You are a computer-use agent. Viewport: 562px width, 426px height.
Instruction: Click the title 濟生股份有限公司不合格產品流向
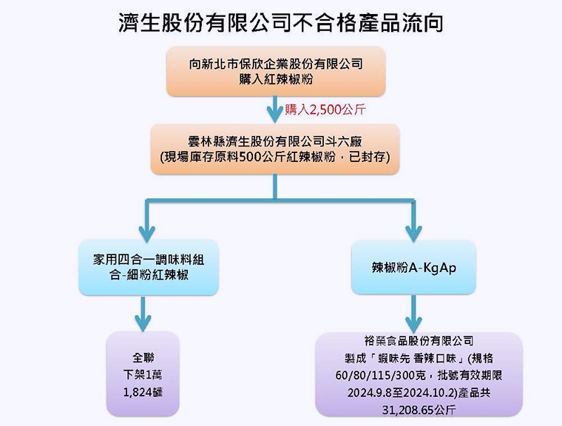click(x=281, y=22)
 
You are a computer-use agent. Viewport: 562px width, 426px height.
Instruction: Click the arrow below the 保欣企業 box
click(x=276, y=111)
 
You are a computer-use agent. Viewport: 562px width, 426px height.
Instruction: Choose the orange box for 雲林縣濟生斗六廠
click(x=275, y=149)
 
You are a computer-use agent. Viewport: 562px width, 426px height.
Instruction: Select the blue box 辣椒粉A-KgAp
click(x=413, y=267)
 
